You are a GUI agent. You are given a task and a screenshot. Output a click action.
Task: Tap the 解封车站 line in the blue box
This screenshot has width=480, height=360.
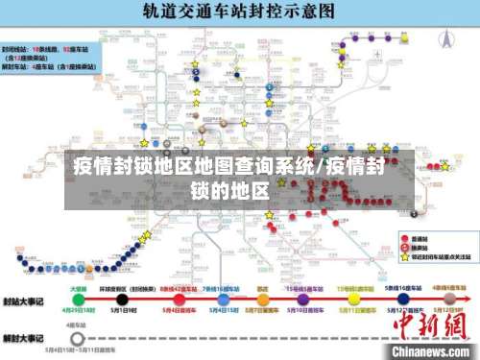click(x=17, y=67)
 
